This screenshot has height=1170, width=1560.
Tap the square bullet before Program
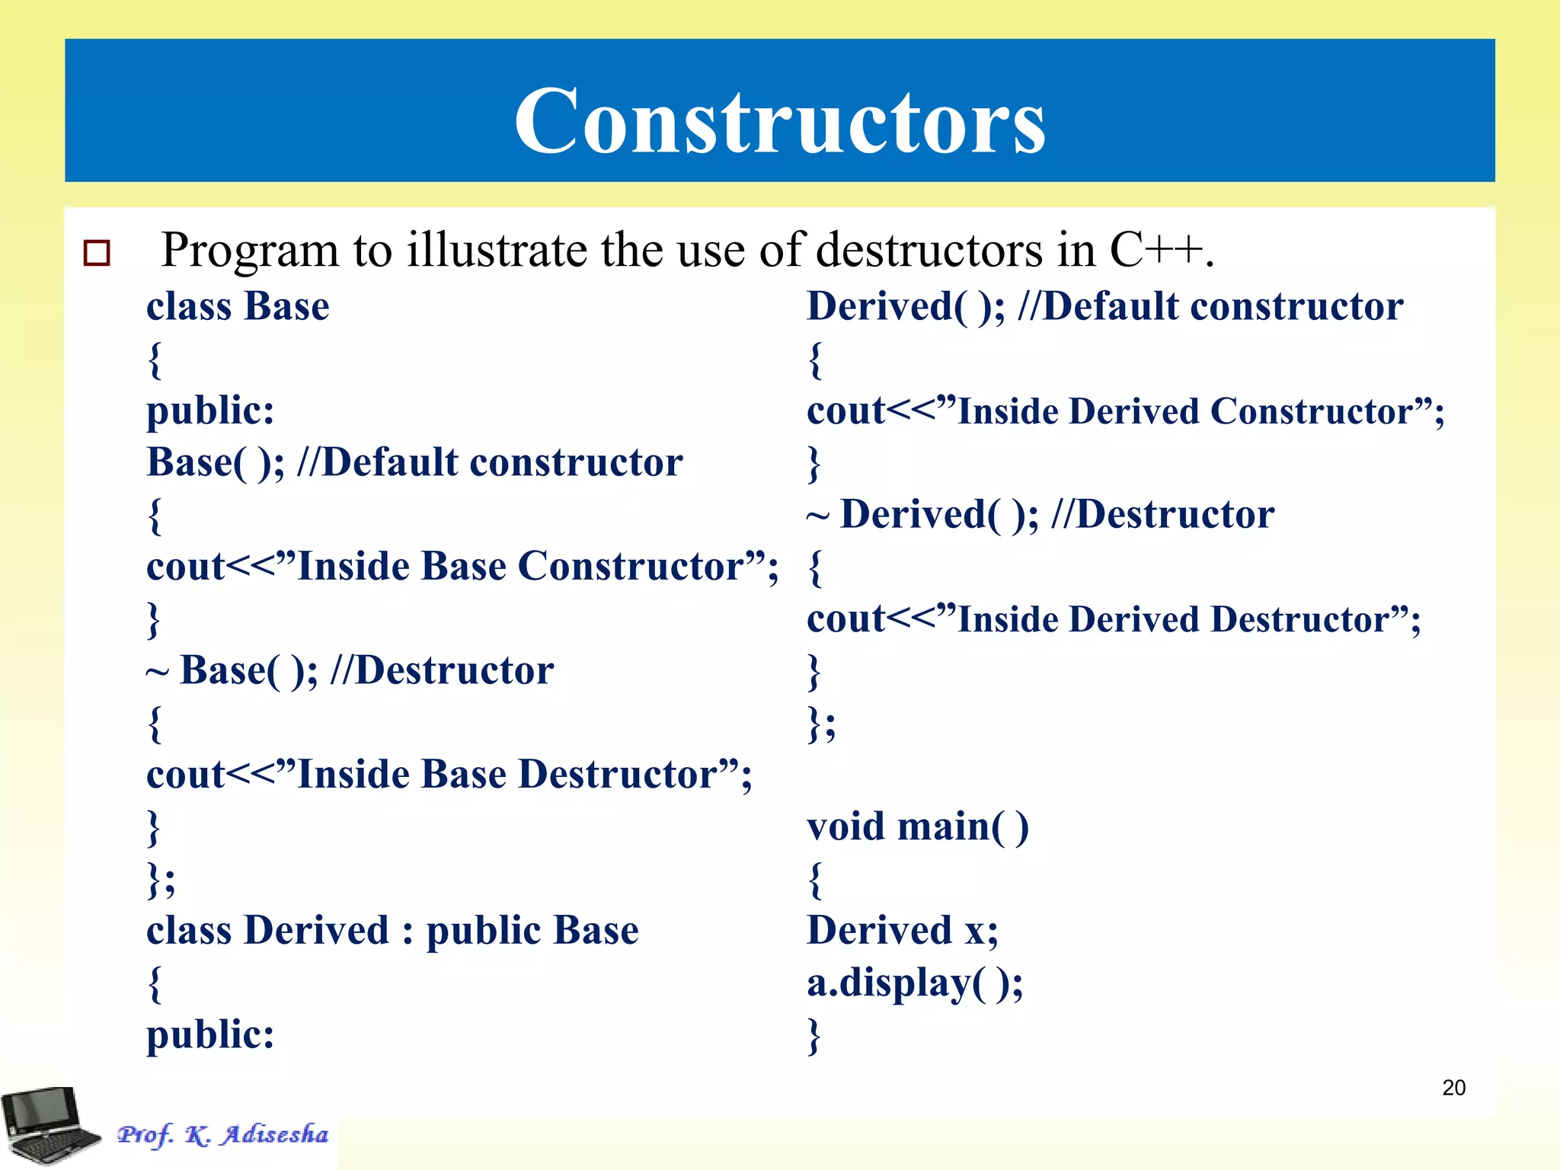pos(97,253)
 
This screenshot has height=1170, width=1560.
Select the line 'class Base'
pos(238,307)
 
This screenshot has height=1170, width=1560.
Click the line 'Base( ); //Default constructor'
pos(414,463)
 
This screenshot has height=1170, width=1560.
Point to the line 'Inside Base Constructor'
pos(462,567)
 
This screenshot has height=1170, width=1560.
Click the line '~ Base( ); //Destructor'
pos(350,672)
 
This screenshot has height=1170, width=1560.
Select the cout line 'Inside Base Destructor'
pos(449,775)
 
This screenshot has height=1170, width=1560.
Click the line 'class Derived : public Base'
pos(392,931)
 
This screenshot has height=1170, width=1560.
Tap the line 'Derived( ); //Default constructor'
pos(1104,307)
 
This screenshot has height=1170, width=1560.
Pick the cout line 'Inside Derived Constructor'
pos(1125,412)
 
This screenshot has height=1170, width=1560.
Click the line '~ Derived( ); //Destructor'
pos(1041,516)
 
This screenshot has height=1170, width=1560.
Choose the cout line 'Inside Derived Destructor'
pos(1114,620)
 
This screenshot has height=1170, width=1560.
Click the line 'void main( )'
pos(918,827)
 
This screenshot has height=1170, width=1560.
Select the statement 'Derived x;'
pos(902,931)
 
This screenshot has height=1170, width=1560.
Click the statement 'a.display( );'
pos(915,983)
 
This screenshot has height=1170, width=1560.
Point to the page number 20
pos(1453,1088)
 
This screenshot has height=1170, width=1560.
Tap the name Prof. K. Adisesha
pos(222,1135)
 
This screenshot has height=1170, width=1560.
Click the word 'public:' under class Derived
pos(210,1034)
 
